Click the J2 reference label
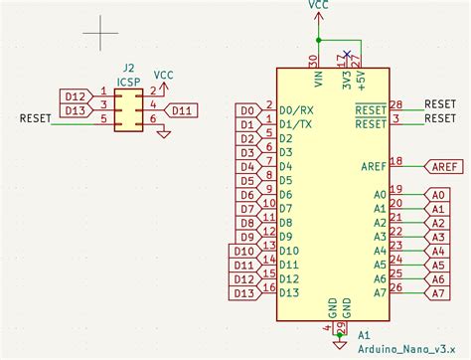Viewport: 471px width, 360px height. pos(127,71)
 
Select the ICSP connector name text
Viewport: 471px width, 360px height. pos(127,83)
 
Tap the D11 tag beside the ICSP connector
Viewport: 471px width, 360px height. pos(181,110)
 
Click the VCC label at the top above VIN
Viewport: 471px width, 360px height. pos(319,5)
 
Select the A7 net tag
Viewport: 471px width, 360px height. pos(436,293)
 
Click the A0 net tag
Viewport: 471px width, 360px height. pos(436,195)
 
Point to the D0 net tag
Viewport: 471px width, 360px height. pos(248,110)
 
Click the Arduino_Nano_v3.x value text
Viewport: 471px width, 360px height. pos(398,349)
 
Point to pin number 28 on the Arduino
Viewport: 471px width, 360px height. pos(395,104)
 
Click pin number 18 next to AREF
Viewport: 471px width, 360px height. pos(395,161)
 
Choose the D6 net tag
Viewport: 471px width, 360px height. pos(248,195)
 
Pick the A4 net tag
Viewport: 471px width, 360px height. pos(436,252)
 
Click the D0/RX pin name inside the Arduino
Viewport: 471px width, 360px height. pos(298,110)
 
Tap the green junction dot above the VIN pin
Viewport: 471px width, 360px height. pos(319,40)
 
